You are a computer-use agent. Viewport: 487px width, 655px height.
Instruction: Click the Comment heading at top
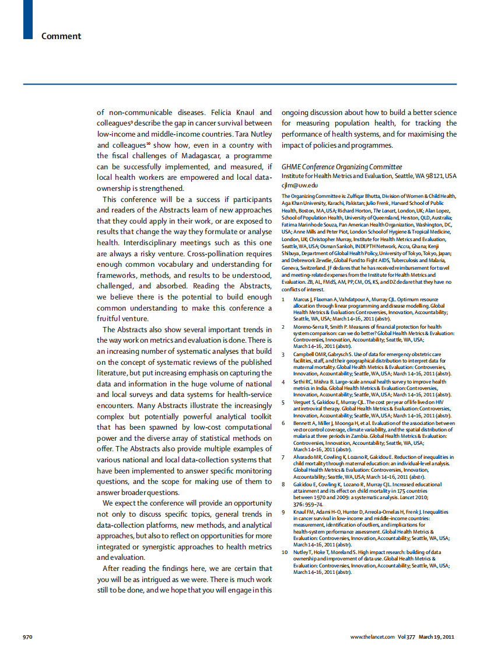(61, 36)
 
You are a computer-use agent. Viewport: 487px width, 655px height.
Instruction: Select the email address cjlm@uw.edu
(297, 185)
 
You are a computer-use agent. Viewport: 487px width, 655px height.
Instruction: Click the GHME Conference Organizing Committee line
(341, 167)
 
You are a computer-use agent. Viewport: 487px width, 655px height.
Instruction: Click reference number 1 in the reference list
(283, 299)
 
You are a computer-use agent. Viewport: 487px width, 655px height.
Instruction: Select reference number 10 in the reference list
(285, 552)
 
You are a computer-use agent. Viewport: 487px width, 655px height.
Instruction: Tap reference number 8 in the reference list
(283, 484)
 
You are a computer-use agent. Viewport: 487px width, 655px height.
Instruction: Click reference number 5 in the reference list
(283, 402)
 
